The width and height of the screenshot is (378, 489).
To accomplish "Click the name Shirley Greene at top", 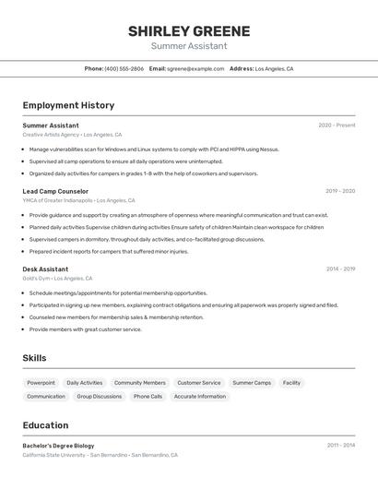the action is click(189, 30).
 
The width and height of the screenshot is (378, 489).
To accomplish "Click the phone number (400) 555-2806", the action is click(124, 68).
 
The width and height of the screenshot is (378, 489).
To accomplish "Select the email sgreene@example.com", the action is click(195, 68).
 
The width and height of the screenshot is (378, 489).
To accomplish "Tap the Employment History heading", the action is click(68, 105).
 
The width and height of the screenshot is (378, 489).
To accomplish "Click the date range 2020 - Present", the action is click(337, 125).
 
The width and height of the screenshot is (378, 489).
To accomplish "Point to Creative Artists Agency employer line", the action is click(72, 135).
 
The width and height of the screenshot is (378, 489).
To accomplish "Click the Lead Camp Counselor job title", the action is click(55, 191).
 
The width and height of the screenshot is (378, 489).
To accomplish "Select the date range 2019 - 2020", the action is click(339, 191).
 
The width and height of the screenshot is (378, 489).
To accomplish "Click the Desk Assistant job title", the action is click(45, 269).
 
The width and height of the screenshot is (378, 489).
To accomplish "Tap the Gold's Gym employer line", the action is click(57, 279).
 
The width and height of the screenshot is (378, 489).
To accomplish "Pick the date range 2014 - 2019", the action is click(340, 269).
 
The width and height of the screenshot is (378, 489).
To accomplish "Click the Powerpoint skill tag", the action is click(41, 383).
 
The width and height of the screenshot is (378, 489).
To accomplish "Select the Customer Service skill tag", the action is click(199, 383).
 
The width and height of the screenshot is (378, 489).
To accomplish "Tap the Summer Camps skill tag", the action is click(252, 383).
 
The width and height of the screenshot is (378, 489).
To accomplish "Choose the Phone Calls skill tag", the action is click(148, 397).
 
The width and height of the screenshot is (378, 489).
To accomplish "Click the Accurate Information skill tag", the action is click(200, 397).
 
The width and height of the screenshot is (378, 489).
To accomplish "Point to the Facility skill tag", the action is click(291, 383).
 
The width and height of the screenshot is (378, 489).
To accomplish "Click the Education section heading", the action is click(45, 425).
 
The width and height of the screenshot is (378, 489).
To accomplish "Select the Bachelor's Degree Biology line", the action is click(58, 446).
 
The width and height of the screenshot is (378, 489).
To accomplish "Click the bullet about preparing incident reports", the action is click(108, 251).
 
